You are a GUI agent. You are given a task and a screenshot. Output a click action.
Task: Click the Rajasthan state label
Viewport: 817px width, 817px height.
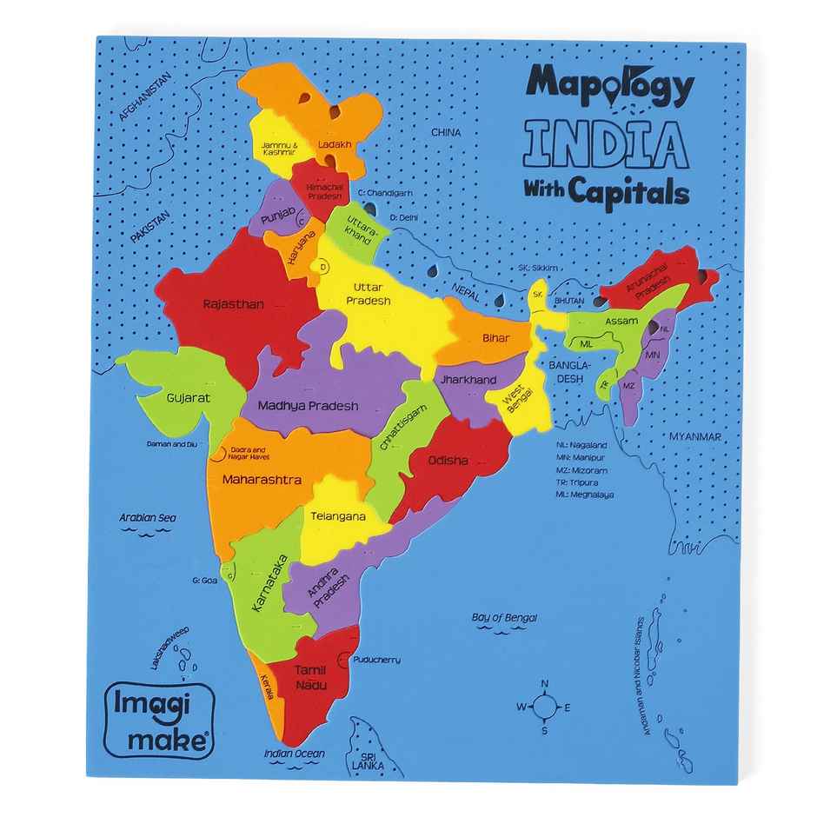point(233,304)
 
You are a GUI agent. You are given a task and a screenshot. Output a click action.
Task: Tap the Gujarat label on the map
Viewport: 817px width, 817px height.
point(188,397)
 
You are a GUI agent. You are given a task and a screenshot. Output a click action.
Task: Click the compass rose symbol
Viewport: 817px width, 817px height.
point(545,707)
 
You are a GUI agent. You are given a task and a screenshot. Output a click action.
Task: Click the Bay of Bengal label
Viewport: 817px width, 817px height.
point(504,617)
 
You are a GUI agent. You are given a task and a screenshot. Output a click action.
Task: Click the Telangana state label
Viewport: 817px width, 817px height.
point(337,515)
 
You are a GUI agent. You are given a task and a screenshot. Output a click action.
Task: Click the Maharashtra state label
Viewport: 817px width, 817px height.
point(261,480)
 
